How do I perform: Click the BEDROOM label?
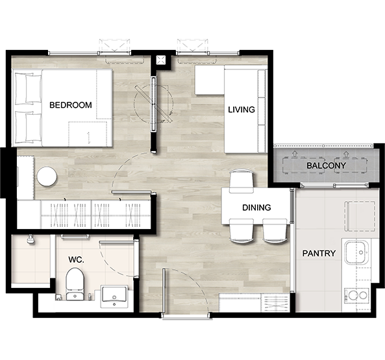(71, 105)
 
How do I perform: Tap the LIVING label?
(242, 110)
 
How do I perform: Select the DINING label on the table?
(256, 208)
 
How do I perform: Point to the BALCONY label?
(326, 165)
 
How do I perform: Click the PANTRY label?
(319, 253)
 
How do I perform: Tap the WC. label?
(76, 259)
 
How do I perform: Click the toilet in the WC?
(75, 283)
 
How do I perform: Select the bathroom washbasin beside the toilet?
(114, 296)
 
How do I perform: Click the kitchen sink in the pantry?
(356, 252)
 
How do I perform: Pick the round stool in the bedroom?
(47, 176)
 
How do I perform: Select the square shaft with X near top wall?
(161, 60)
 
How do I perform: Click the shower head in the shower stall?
(31, 239)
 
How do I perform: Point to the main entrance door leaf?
(164, 291)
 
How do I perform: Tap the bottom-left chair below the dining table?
(242, 231)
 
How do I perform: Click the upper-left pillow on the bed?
(24, 88)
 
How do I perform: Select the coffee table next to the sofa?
(210, 80)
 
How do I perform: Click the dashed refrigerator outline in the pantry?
(360, 216)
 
